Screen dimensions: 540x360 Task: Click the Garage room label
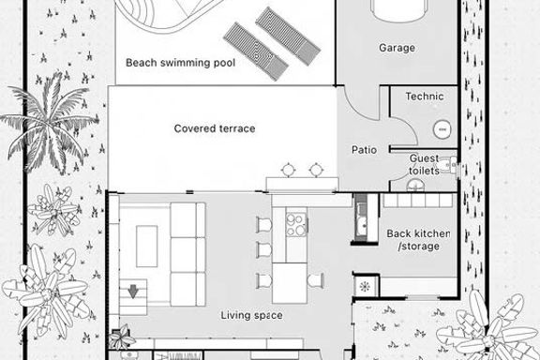pyautogui.click(x=397, y=48)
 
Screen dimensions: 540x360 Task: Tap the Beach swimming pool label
pyautogui.click(x=180, y=63)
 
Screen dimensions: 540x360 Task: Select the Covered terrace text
pyautogui.click(x=215, y=128)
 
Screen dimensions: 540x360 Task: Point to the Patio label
pyautogui.click(x=364, y=150)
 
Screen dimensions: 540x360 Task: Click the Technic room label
pyautogui.click(x=425, y=97)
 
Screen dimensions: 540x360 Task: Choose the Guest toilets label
pyautogui.click(x=425, y=164)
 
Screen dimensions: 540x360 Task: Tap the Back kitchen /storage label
pyautogui.click(x=418, y=240)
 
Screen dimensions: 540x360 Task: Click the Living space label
pyautogui.click(x=252, y=315)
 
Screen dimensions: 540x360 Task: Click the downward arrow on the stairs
pyautogui.click(x=133, y=292)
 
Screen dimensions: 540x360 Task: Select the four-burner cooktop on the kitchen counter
pyautogui.click(x=296, y=224)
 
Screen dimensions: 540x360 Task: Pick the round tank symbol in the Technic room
pyautogui.click(x=442, y=129)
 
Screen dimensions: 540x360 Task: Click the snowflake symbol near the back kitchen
pyautogui.click(x=365, y=286)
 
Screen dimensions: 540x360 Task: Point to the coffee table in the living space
pyautogui.click(x=147, y=247)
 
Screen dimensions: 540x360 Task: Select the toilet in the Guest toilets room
pyautogui.click(x=448, y=165)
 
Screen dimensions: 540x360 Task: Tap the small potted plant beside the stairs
pyautogui.click(x=121, y=337)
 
